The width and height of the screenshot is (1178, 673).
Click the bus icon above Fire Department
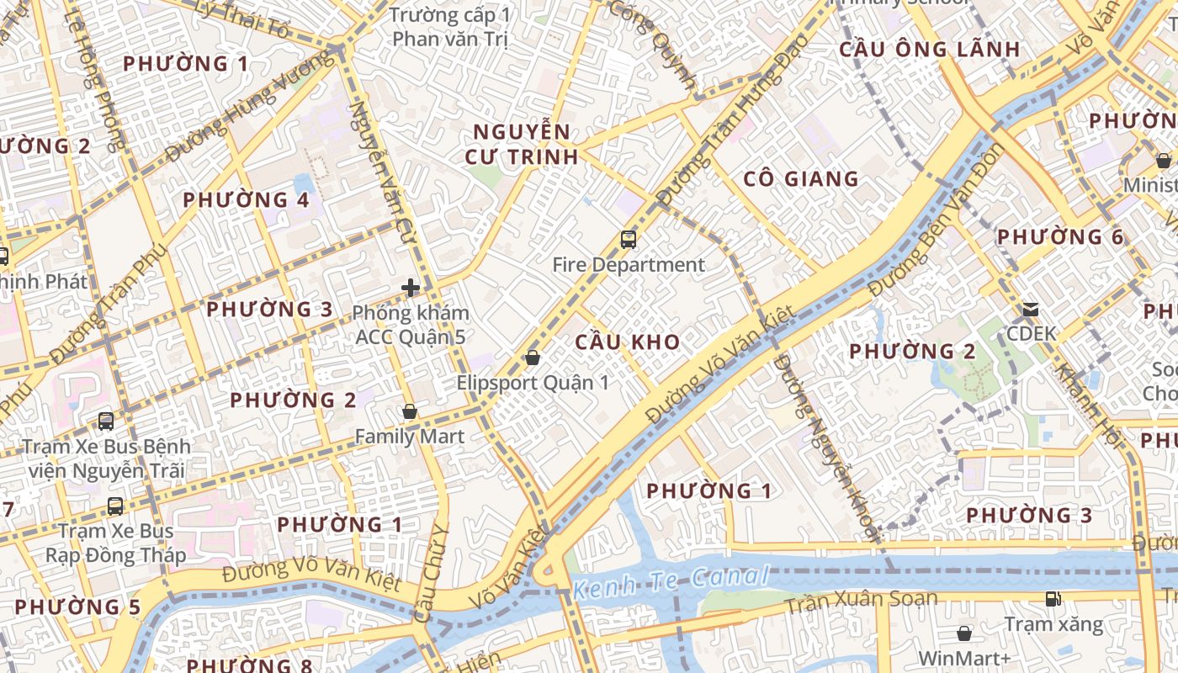click(629, 240)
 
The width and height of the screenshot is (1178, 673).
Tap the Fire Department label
click(629, 265)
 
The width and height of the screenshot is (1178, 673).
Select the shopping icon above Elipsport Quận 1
click(532, 358)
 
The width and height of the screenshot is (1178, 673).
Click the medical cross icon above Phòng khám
click(411, 289)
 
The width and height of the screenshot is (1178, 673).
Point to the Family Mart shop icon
click(410, 411)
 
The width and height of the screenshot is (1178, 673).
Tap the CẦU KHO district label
click(628, 342)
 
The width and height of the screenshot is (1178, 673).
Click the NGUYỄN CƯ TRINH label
click(522, 144)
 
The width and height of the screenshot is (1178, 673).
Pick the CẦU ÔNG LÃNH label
click(930, 49)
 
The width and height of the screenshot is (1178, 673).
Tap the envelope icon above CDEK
click(1031, 310)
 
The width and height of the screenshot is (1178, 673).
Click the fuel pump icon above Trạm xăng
click(1053, 599)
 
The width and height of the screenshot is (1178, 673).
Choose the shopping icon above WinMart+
click(964, 633)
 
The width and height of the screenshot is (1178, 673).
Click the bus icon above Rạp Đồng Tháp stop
click(115, 506)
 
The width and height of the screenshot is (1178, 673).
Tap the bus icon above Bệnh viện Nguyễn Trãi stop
click(106, 421)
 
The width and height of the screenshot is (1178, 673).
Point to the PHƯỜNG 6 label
click(1060, 237)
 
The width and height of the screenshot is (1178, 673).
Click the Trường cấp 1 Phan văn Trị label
click(451, 27)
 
